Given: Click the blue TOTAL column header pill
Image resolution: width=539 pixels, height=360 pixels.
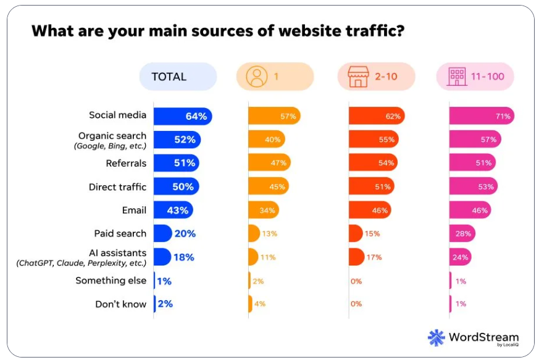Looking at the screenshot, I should (x=178, y=77).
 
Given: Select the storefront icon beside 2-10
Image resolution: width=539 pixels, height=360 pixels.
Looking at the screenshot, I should (x=357, y=77).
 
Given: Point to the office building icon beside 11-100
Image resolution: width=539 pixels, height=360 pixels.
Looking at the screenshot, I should (x=457, y=77).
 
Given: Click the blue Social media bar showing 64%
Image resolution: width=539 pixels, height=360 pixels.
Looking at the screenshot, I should (x=182, y=116).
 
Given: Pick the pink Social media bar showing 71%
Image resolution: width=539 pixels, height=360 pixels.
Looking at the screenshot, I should (x=481, y=116).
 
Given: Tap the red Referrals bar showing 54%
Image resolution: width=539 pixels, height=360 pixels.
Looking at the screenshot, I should (x=372, y=163).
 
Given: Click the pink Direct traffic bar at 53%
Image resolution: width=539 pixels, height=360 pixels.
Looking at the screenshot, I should (x=472, y=186).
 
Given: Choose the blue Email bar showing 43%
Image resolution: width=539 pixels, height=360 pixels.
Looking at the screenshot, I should (x=173, y=210).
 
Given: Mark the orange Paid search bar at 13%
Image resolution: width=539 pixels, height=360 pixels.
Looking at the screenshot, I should (x=254, y=233).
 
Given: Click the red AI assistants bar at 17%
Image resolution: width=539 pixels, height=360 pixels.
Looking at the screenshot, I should (x=356, y=257).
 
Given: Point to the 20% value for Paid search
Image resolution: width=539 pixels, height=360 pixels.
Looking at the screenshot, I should (x=185, y=233).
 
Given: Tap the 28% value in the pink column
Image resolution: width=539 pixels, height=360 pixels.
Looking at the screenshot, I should (x=464, y=233).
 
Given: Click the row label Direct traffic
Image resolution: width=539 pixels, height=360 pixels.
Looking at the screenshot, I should (x=117, y=186).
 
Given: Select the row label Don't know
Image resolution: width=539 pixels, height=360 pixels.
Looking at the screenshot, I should (x=120, y=304).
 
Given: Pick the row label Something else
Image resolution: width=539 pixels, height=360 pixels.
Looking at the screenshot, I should (x=111, y=280).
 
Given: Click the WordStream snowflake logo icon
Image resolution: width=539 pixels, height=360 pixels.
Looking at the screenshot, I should (x=437, y=337).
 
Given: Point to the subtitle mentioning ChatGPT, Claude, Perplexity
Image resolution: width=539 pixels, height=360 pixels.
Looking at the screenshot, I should (x=81, y=263).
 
